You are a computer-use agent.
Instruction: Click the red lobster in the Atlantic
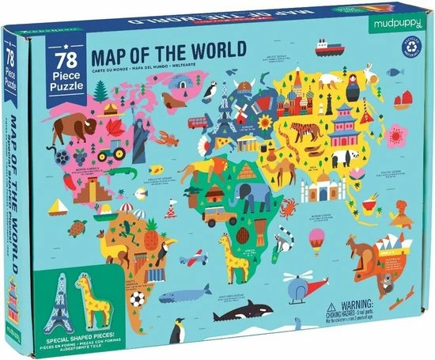coord(168,141)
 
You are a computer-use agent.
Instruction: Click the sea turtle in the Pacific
coord(78,228)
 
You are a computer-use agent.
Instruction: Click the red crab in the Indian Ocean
coord(287,208)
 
